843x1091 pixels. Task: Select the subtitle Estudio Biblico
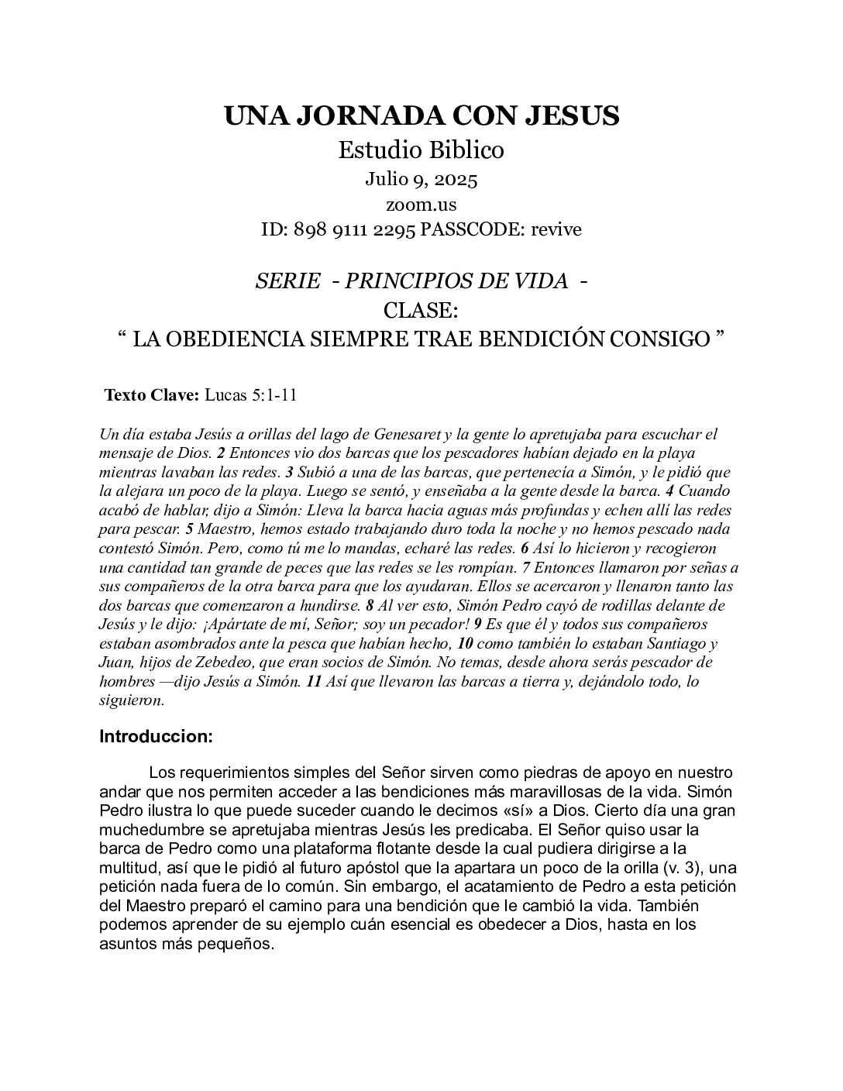(x=421, y=150)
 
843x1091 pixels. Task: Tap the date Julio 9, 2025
(x=421, y=180)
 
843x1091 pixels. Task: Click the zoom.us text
(x=421, y=205)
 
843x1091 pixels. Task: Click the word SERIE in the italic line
(x=287, y=281)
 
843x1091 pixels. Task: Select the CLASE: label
(x=421, y=310)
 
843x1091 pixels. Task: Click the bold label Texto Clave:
(x=152, y=395)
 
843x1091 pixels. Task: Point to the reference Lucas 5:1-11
(x=250, y=395)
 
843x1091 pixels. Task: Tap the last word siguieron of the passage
(x=132, y=700)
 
